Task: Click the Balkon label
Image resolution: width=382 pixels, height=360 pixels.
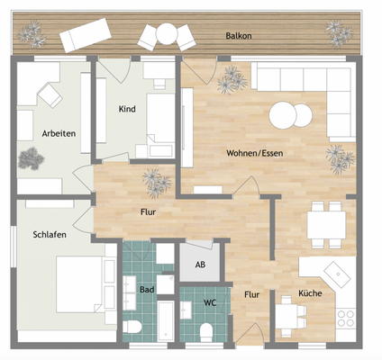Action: (239, 36)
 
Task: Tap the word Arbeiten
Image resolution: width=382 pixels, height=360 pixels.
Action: (59, 133)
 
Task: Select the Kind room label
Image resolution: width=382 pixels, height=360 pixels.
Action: (127, 109)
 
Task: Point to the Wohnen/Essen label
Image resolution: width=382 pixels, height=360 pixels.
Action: (255, 153)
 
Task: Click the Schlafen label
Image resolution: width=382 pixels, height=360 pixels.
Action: (50, 235)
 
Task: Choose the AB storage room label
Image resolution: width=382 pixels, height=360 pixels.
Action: (200, 265)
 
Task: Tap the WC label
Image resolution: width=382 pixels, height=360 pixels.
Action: (210, 303)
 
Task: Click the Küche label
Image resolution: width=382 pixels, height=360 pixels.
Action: (310, 293)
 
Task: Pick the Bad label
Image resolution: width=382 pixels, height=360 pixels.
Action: (147, 290)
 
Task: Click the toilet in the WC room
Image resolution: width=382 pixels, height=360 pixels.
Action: (206, 332)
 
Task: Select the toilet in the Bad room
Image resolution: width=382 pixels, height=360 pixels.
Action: (132, 327)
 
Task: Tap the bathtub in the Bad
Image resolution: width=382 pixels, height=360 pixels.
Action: (166, 321)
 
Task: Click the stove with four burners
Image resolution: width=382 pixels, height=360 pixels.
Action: (346, 319)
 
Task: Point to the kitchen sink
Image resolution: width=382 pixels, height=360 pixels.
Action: (338, 275)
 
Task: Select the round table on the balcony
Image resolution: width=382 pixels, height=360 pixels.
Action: (167, 34)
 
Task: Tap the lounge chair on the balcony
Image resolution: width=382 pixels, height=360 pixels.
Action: (86, 35)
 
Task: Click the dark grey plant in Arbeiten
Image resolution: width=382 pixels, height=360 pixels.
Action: (32, 158)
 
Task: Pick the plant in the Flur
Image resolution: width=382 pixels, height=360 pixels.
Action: (156, 184)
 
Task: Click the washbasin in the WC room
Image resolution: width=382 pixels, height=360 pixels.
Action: (186, 310)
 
